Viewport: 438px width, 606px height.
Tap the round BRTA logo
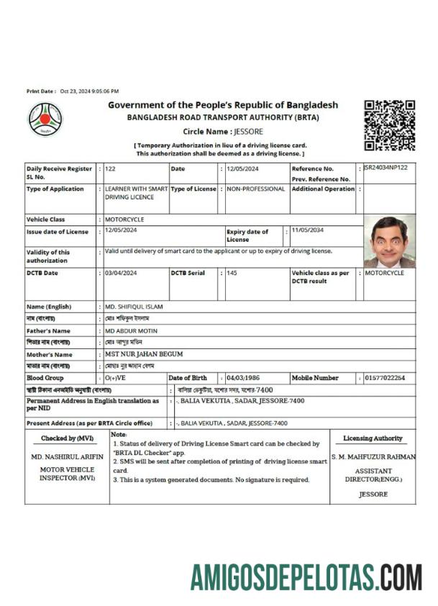45,120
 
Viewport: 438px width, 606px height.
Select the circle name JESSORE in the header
248,132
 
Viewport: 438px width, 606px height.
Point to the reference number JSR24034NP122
386,168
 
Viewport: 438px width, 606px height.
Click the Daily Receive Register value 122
110,168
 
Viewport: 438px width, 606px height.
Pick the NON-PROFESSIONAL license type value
255,189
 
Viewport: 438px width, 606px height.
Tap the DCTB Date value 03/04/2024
125,273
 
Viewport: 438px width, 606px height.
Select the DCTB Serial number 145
232,273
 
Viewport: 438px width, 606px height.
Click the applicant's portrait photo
390,241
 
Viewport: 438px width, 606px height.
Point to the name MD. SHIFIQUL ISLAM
134,307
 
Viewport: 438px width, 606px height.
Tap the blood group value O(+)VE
115,378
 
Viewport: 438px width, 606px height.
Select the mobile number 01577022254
385,378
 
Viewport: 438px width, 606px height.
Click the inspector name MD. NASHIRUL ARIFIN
68,457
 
